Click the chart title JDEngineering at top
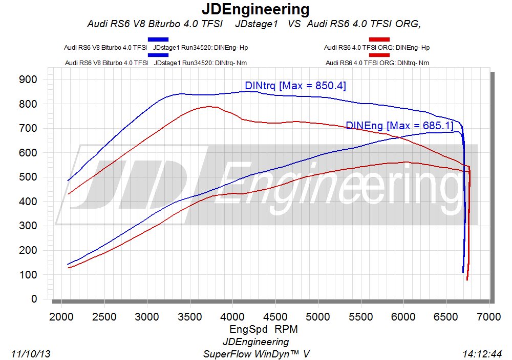[255, 9]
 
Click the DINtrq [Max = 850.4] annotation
[295, 86]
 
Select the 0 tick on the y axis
[34, 299]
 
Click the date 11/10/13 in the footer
[30, 354]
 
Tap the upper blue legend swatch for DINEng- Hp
[158, 39]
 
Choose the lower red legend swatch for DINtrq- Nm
[379, 55]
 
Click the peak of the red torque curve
[209, 107]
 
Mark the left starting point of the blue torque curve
[68, 181]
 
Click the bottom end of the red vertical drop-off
[467, 279]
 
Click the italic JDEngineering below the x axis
[255, 342]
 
